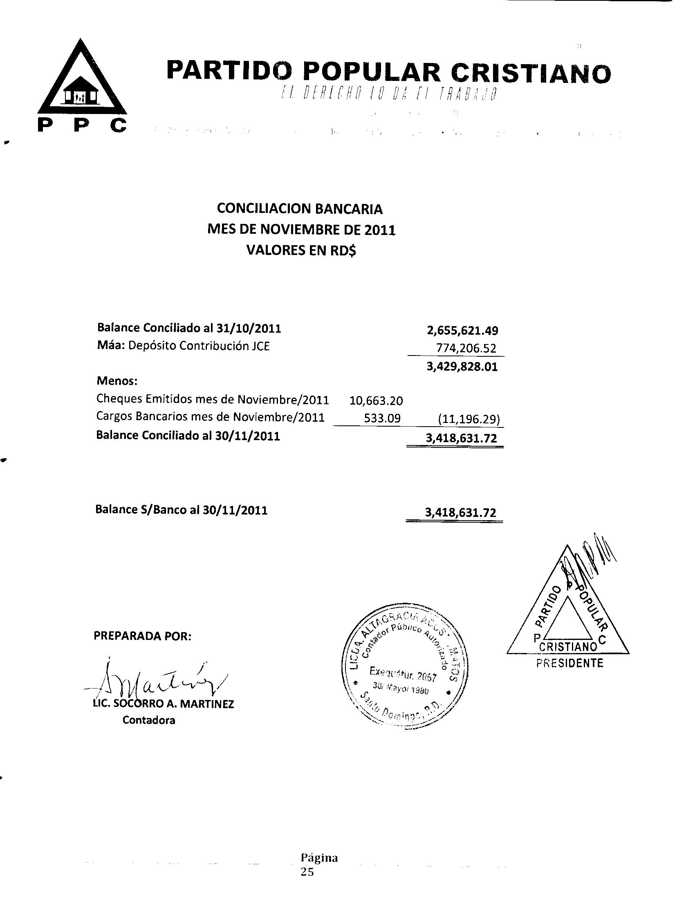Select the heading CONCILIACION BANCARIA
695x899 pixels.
(x=300, y=209)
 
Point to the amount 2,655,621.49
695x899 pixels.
(x=462, y=331)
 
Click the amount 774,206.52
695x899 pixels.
(x=466, y=349)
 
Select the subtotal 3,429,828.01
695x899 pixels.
(x=462, y=367)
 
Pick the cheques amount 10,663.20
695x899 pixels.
(x=376, y=400)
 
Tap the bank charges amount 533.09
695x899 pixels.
(x=382, y=418)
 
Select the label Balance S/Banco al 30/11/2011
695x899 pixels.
(x=181, y=510)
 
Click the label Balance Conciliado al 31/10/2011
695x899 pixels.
(x=189, y=328)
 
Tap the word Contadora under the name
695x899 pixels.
(x=149, y=720)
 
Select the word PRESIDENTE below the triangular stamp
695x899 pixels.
(x=569, y=663)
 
